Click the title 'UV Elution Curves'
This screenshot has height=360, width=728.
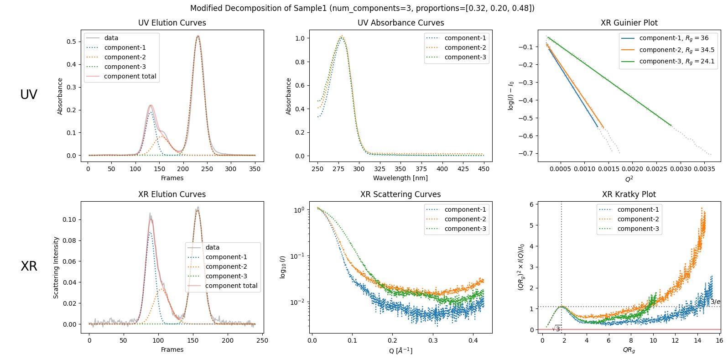pos(172,23)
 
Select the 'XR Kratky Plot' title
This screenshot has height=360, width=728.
pos(629,194)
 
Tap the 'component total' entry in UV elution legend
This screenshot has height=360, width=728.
pos(130,76)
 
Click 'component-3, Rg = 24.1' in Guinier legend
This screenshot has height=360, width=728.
pos(676,61)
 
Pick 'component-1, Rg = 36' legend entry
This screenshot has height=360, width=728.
pos(674,38)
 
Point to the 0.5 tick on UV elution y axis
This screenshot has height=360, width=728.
pos(71,42)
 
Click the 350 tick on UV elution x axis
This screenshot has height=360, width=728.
pos(255,169)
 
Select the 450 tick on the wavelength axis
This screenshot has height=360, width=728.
pos(484,169)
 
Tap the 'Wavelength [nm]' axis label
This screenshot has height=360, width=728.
pos(400,178)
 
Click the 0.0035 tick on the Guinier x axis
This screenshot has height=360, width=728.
pos(704,169)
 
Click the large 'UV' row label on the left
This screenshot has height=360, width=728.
pos(29,94)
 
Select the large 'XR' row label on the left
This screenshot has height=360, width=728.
pos(29,266)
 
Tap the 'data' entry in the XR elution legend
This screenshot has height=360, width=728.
pos(212,247)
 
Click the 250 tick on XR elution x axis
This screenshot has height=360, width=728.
pos(262,340)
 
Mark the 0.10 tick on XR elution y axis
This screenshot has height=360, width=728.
pos(69,219)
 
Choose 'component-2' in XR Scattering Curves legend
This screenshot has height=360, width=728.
pos(465,219)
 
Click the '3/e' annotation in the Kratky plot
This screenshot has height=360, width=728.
pos(715,302)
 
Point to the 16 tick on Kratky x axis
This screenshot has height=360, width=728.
pos(719,340)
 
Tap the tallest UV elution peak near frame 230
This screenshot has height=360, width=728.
pos(198,36)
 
